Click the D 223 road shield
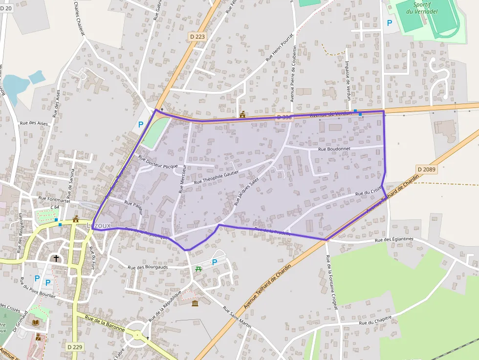(x=197, y=36)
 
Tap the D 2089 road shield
(x=426, y=169)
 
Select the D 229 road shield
(x=75, y=346)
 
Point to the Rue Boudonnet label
(x=335, y=149)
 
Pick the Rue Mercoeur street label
(x=182, y=178)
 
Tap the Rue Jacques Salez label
(x=246, y=191)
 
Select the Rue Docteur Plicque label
(x=158, y=162)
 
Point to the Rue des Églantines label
(x=394, y=239)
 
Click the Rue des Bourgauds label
(x=148, y=267)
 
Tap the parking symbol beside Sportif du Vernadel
(x=390, y=22)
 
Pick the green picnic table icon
(x=198, y=269)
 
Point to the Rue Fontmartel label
(x=54, y=200)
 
